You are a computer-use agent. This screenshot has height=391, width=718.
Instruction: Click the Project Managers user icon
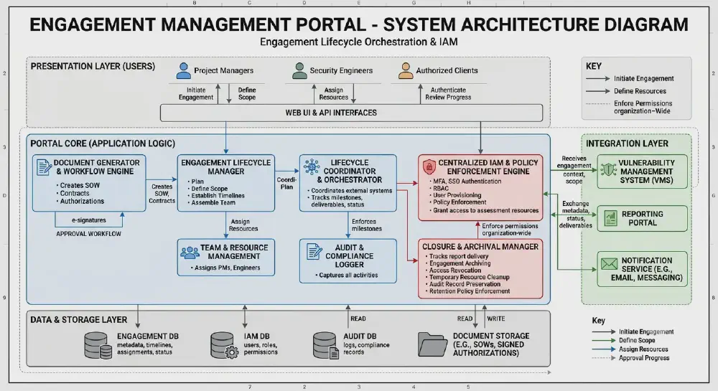pos(184,71)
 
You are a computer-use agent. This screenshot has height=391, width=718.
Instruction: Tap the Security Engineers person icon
pos(299,71)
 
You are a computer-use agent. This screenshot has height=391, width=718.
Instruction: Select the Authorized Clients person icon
pos(406,71)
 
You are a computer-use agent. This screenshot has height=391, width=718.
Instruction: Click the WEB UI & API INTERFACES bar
pos(351,113)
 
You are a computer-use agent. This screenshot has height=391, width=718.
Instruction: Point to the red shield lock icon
pos(429,166)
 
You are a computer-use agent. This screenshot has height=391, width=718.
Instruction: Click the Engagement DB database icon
pos(98,345)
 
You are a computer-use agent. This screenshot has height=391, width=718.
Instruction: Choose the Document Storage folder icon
pos(432,344)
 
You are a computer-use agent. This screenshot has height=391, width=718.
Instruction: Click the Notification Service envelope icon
pos(609,264)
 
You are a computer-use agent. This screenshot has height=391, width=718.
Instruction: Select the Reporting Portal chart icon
pos(610,218)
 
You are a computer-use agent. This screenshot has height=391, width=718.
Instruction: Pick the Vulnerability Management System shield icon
pos(609,169)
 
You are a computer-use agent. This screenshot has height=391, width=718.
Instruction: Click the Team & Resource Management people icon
pos(190,253)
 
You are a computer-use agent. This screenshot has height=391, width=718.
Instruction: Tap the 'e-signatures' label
pos(89,220)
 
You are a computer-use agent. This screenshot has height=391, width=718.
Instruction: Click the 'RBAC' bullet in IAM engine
pos(441,188)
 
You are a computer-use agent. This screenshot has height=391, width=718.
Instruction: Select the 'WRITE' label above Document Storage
pos(496,319)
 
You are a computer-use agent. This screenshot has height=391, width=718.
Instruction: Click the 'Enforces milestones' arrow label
pos(366,225)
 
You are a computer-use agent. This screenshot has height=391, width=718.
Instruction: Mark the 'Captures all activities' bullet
pos(348,275)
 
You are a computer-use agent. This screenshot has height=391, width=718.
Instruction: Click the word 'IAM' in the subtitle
pos(447,42)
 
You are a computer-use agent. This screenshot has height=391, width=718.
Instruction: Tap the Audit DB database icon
pos(326,345)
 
